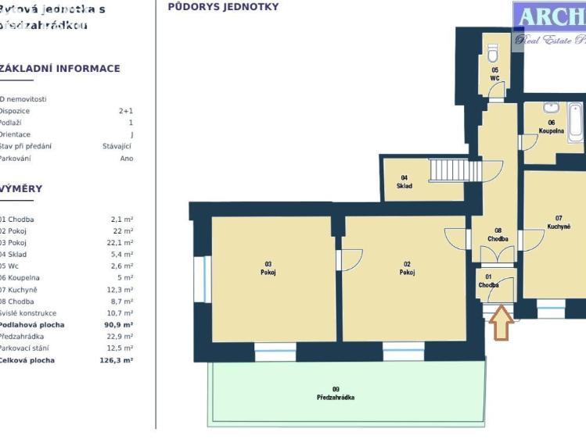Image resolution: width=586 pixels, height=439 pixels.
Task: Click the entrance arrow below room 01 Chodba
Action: click(x=501, y=323)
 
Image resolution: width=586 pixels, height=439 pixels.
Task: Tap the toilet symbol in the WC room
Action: click(x=493, y=53)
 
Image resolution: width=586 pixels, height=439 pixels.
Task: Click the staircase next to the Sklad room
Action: click(x=449, y=170)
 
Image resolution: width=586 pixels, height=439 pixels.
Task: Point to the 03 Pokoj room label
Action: click(x=268, y=268)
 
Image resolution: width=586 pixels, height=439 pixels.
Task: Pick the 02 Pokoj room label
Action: click(x=407, y=268)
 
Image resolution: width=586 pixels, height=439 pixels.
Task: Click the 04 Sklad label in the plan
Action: click(x=404, y=182)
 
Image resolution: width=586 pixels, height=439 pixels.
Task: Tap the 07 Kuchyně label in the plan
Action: click(x=559, y=223)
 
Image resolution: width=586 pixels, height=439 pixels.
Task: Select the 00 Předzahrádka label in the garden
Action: click(x=336, y=393)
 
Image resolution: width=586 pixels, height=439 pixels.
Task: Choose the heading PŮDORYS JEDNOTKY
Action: click(x=223, y=7)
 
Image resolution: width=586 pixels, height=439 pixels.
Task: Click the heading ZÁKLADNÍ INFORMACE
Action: click(x=60, y=69)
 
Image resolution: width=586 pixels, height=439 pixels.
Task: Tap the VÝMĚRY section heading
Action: click(x=22, y=189)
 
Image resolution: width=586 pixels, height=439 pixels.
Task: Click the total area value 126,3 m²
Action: click(x=116, y=361)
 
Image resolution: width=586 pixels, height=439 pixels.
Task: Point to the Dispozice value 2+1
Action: click(x=125, y=111)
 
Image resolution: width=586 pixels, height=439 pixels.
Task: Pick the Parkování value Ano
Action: click(x=126, y=159)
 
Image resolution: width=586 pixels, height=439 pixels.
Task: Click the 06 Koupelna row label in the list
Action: click(x=19, y=278)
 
